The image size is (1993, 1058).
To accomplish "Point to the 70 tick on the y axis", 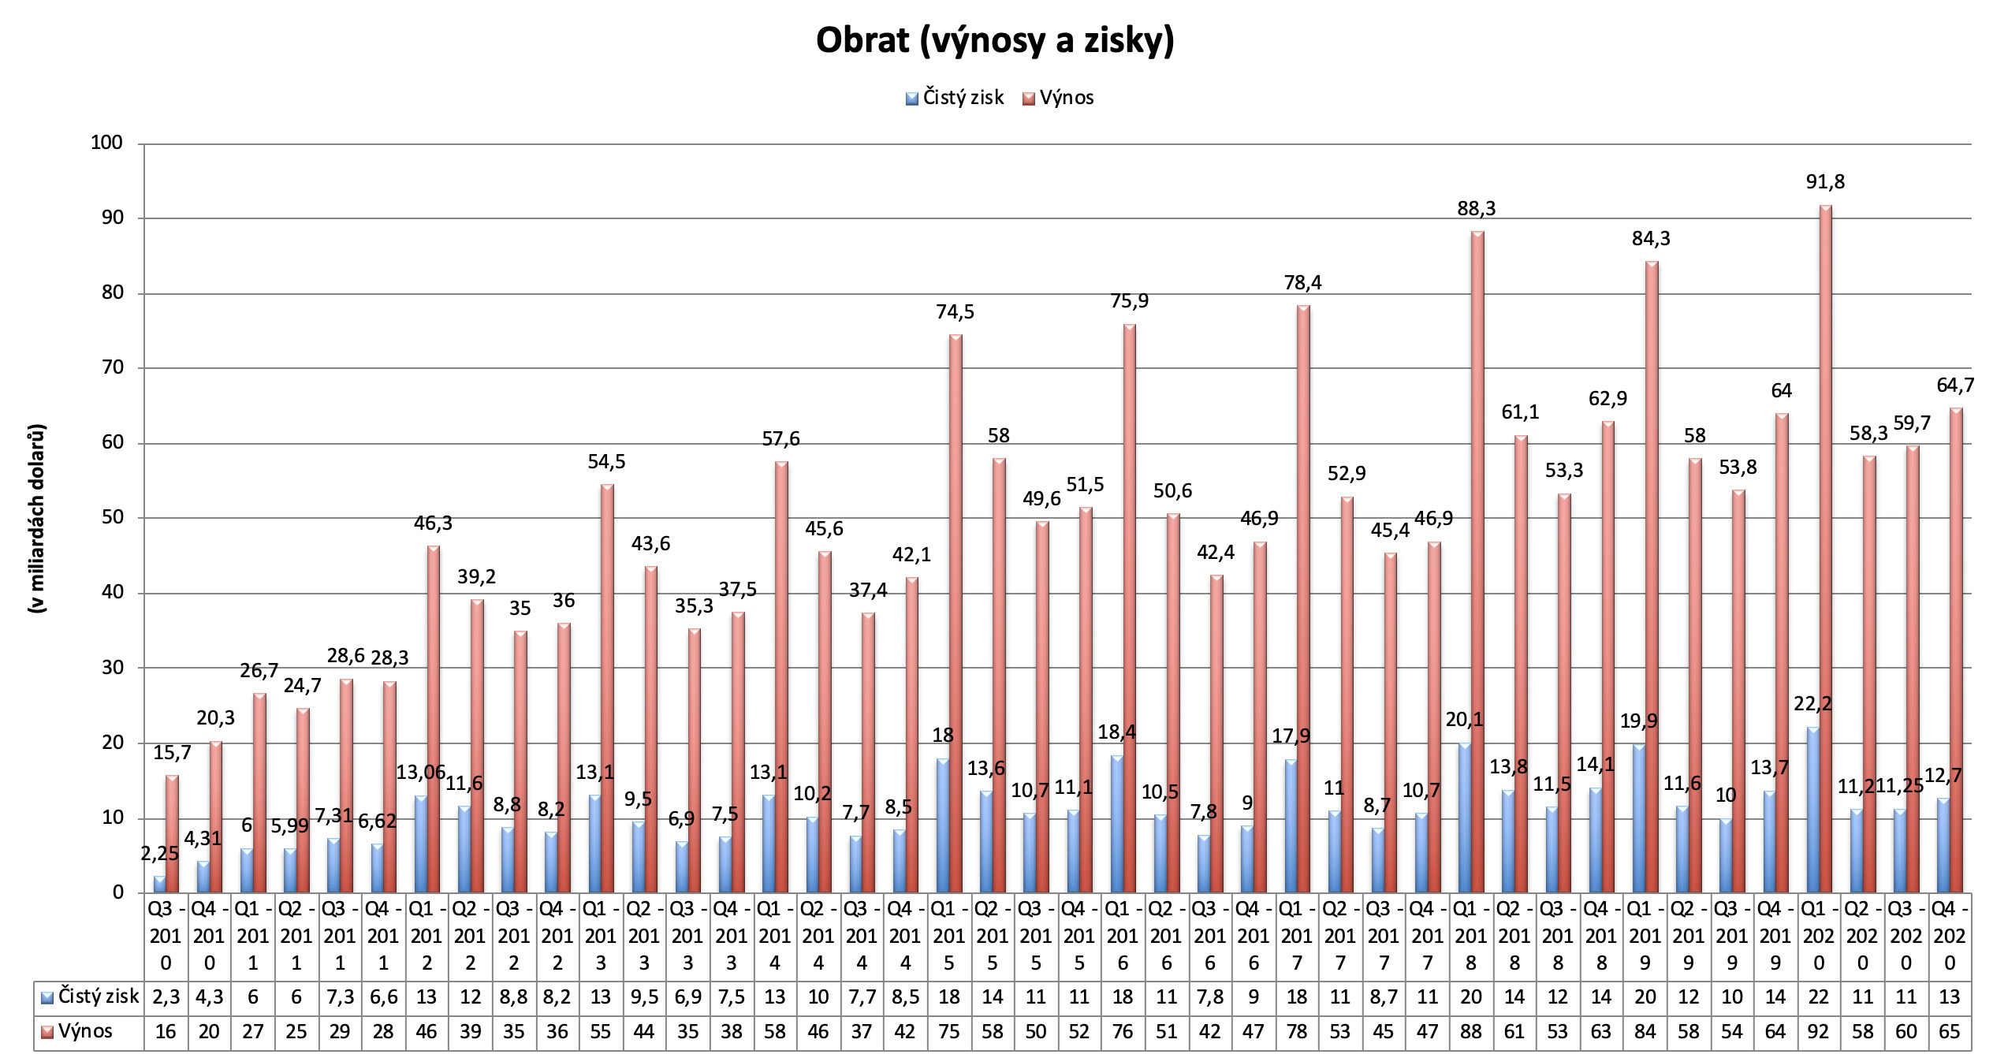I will click(x=107, y=367).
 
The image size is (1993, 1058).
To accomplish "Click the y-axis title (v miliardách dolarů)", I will click(x=37, y=518).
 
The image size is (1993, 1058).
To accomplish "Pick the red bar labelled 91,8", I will click(x=1825, y=549).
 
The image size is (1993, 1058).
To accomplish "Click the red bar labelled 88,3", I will click(x=1477, y=561).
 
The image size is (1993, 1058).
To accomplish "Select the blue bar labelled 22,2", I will click(x=1812, y=810).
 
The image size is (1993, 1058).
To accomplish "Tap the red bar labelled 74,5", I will click(x=956, y=613).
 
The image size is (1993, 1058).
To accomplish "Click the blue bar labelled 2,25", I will click(x=159, y=884).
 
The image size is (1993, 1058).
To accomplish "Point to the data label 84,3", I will click(x=1651, y=238).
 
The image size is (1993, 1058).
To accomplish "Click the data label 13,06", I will click(x=421, y=772).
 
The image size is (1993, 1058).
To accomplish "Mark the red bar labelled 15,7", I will click(x=172, y=833).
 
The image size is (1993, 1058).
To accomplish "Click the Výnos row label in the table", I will click(x=86, y=1031).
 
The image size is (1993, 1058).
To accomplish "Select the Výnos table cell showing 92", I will click(x=1819, y=1031).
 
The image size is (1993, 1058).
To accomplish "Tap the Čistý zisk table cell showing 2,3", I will click(x=166, y=997).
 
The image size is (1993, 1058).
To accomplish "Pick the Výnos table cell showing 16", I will click(x=166, y=1031).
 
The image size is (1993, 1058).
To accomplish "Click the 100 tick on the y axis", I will click(x=107, y=143).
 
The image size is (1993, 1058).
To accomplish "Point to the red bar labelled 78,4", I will click(x=1303, y=598).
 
